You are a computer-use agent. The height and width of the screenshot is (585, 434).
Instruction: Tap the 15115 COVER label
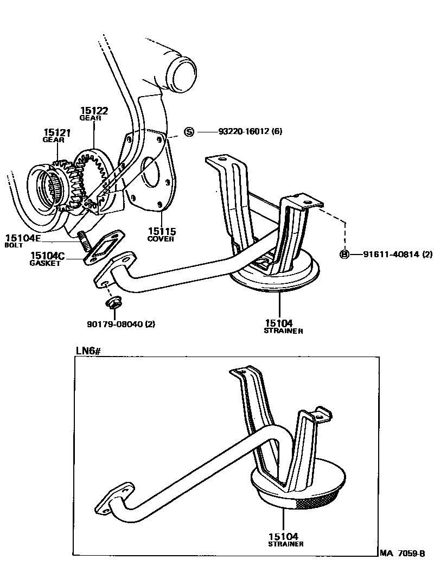161,234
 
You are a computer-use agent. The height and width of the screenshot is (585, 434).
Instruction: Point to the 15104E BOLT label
23,240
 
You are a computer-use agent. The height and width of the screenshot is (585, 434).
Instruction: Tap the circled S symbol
189,131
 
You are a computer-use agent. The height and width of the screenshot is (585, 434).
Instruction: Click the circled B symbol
343,254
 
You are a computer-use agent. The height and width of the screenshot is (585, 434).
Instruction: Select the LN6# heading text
88,351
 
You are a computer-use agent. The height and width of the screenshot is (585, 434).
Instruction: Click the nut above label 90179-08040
113,302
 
